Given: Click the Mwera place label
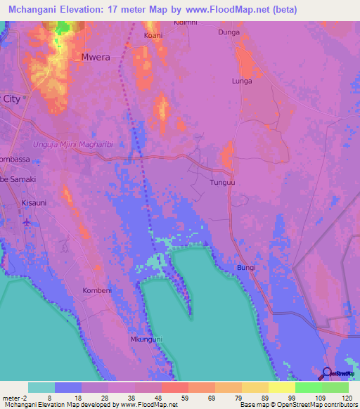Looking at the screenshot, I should (96, 57).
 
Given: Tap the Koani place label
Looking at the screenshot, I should (153, 35).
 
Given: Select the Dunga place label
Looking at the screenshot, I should (229, 32).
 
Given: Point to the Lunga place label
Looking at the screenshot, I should (242, 81).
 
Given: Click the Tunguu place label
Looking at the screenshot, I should (222, 182).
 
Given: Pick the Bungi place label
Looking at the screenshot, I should (246, 268).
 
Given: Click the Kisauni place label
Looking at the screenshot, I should (33, 202).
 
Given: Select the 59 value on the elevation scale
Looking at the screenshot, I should (174, 397).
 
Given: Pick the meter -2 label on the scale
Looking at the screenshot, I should (14, 397).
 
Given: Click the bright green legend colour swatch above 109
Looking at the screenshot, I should (308, 387).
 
